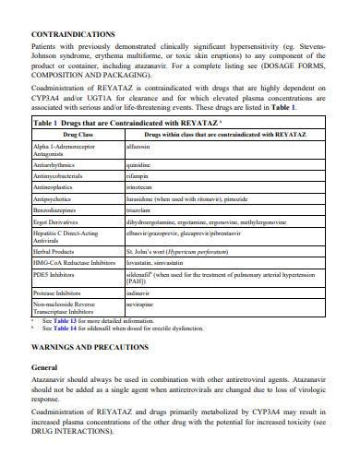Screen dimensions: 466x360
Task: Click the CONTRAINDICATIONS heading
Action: (74, 34)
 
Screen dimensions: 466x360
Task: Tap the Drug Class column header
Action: (77, 134)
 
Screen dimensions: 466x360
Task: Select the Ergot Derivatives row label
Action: (57, 223)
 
